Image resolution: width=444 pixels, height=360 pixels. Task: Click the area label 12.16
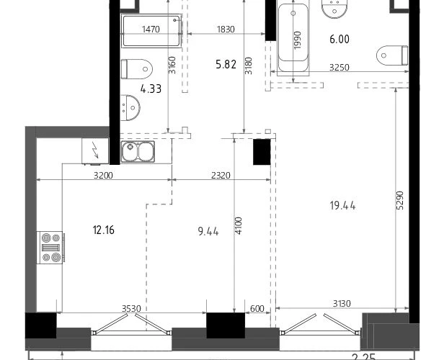pos(103,230)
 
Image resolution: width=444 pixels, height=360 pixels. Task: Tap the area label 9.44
pos(208,232)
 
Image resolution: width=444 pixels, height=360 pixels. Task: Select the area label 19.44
pos(342,206)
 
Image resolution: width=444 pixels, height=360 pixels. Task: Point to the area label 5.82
pos(226,65)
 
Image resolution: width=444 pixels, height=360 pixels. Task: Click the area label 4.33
pos(151,89)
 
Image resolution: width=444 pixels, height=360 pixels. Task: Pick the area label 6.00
pos(339,39)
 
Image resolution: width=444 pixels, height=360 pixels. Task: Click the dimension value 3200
pos(103,176)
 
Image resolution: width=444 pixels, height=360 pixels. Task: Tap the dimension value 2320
pos(221,176)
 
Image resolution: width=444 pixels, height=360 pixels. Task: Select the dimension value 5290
pos(400,200)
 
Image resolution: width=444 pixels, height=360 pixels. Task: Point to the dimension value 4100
pos(239,225)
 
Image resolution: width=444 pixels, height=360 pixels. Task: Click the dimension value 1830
pos(226,29)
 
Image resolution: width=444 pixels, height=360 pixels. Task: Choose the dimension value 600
pos(257,309)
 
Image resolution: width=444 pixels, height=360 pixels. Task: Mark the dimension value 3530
pos(131,309)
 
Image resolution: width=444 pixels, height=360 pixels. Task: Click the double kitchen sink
pos(138,152)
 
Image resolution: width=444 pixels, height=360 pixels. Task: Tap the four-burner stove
pos(50,248)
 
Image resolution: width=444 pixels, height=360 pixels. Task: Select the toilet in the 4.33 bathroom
pos(137,69)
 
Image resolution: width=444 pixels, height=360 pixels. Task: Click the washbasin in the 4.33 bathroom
pos(130,108)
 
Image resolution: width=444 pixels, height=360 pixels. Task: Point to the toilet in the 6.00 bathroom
pos(392,55)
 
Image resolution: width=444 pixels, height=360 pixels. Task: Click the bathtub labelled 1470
pos(151,31)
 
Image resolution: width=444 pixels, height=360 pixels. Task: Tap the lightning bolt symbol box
pos(95,150)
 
